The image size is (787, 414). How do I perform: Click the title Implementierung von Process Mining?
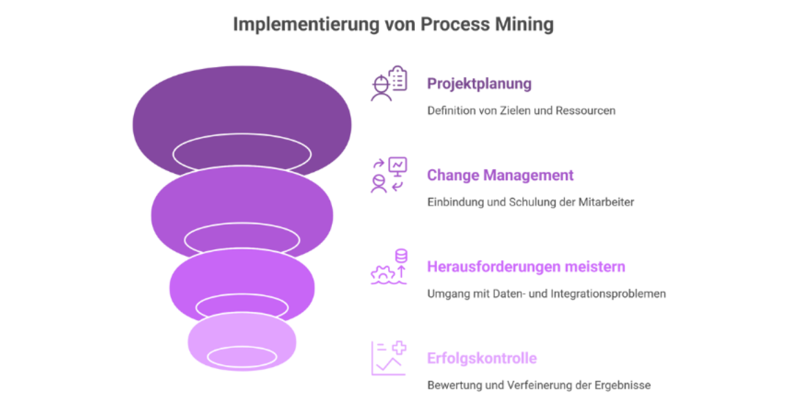pos(393,24)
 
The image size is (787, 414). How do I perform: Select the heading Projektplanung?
pos(479,84)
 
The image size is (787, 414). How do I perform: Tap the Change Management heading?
pos(500,175)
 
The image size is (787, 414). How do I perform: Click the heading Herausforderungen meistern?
pos(526,267)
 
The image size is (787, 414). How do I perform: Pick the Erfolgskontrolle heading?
pos(482,359)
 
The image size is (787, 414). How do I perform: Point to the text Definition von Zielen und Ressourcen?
pos(521,110)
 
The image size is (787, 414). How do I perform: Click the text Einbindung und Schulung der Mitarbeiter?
pos(530,202)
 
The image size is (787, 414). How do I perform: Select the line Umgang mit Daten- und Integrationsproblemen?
pos(546,294)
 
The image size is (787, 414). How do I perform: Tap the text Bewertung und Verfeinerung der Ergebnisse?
pos(538,385)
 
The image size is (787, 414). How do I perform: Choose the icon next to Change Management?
pos(389,175)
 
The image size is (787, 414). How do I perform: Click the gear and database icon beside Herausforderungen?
pos(389,267)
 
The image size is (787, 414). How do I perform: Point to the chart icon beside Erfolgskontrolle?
pos(389,358)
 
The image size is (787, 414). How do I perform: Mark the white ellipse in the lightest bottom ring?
pos(242,357)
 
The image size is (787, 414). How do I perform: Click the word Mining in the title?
pos(523,24)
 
